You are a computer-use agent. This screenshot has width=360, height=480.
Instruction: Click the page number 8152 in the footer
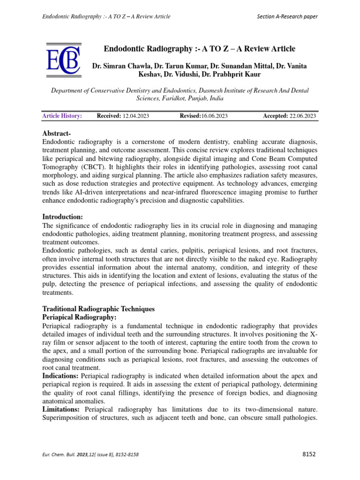pos(309,454)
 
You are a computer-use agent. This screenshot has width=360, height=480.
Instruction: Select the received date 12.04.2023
pos(135,116)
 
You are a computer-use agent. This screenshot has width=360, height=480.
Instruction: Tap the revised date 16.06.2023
pos(215,116)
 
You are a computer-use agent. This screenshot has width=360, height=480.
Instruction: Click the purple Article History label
pos(62,116)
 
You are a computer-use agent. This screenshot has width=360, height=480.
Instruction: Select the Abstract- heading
pos(60,134)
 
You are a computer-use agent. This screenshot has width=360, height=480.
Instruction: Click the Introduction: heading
pos(62,217)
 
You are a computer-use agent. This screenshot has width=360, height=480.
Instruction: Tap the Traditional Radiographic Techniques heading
pos(98,309)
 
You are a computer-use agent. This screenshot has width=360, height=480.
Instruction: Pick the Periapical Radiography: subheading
pos(80,318)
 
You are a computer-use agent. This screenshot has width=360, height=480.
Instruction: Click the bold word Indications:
pos(60,376)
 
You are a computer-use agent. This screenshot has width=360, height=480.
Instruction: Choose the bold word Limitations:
pos(61,410)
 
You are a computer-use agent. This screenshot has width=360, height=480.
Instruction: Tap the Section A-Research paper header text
pos(287,16)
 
